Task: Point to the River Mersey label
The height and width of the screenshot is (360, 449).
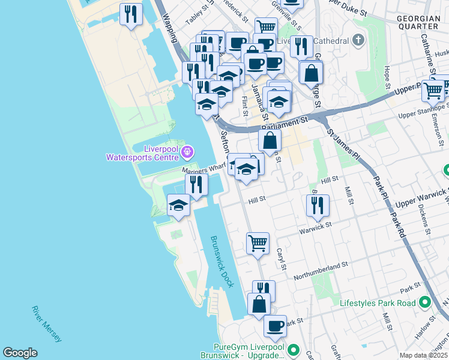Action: point(46,324)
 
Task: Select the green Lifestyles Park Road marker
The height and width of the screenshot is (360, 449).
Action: point(425,303)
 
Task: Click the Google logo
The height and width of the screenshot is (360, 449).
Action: point(20,353)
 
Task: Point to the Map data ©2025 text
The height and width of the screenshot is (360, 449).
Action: point(424,355)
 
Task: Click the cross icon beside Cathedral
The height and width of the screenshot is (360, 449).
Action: point(358,41)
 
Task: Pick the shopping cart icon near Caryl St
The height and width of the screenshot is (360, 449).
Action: point(258,243)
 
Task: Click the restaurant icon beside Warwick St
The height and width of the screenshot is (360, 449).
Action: point(317,205)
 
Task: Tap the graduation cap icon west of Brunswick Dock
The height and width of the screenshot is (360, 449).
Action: point(178,205)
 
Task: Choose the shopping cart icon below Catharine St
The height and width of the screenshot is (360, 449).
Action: point(433,90)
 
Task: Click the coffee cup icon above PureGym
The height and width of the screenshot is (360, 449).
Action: point(275,326)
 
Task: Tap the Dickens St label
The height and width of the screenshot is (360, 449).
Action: point(427,221)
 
